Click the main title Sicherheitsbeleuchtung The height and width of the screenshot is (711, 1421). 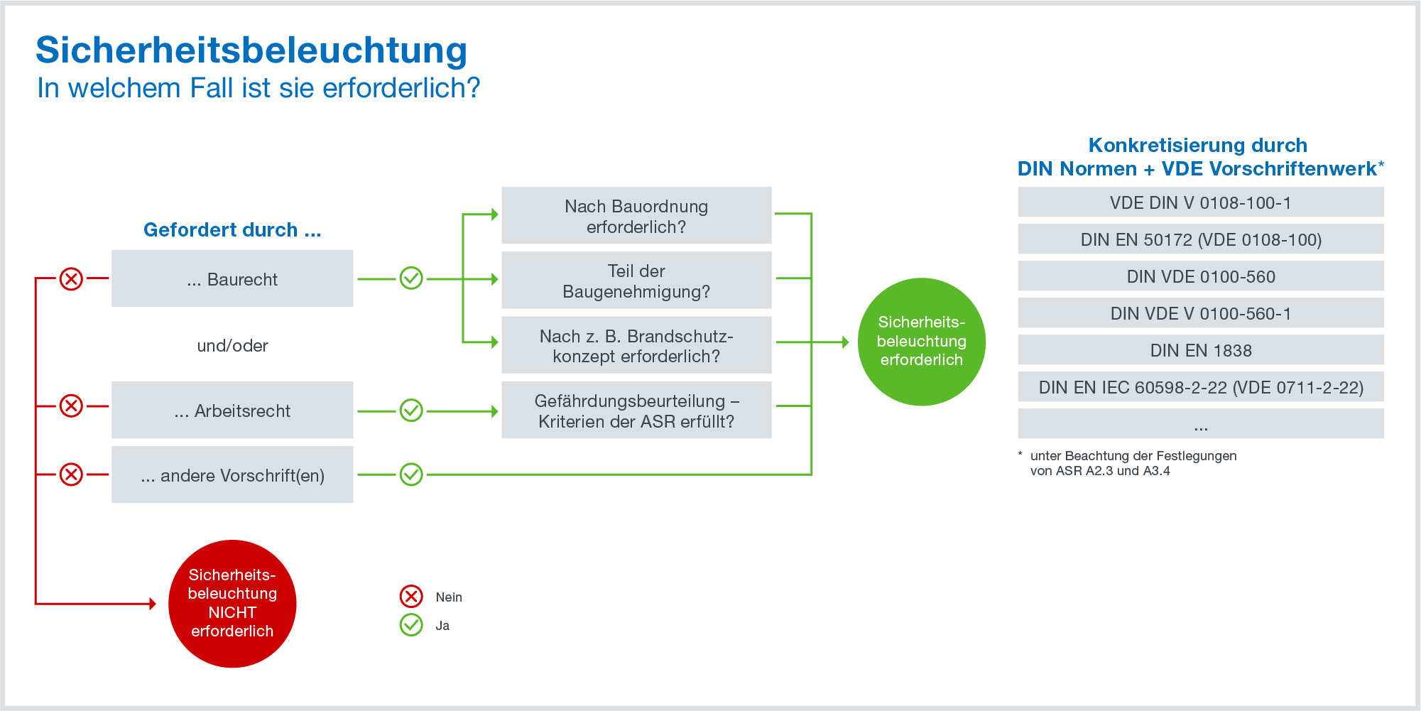[251, 50]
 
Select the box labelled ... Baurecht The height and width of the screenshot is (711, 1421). [232, 278]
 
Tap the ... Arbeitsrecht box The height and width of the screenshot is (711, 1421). [232, 410]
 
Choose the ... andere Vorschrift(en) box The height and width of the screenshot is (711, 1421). [232, 474]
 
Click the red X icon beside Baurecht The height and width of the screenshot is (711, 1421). [71, 278]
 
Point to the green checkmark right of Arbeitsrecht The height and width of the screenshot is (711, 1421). [411, 410]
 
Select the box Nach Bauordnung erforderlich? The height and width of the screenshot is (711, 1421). [636, 215]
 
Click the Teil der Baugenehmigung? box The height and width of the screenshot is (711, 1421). [636, 280]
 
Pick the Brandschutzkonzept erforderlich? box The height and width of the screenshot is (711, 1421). [636, 345]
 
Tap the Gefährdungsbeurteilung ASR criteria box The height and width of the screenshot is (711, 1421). [636, 410]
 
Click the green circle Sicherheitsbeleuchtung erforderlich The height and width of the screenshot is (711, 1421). [921, 342]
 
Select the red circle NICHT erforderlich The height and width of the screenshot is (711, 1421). [232, 604]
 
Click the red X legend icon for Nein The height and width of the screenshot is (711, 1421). [411, 597]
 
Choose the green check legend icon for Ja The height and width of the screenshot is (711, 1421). [411, 625]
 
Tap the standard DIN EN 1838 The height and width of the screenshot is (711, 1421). [1200, 349]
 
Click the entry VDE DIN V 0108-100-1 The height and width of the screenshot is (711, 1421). [1200, 202]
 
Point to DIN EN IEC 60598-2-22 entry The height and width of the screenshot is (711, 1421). [1200, 386]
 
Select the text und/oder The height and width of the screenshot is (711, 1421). [232, 345]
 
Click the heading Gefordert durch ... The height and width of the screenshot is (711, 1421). [232, 229]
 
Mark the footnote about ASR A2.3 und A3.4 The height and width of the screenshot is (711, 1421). [1133, 463]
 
